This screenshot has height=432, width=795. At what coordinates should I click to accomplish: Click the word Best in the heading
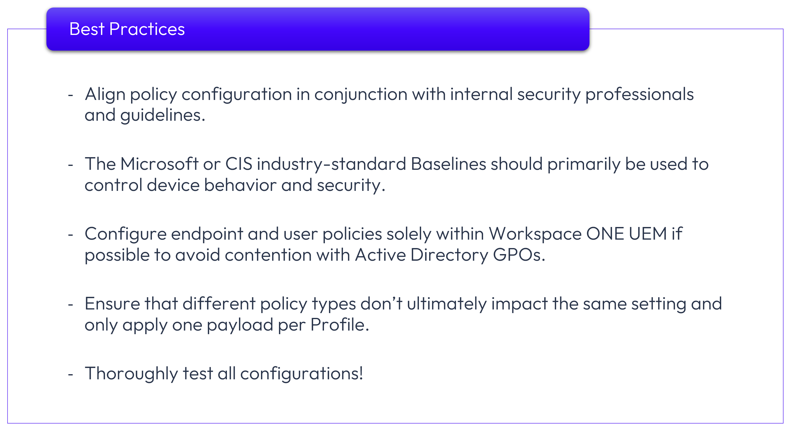[x=87, y=29]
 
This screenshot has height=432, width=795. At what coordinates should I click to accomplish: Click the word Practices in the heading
[x=147, y=29]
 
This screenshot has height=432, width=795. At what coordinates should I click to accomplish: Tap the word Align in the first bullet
[x=105, y=95]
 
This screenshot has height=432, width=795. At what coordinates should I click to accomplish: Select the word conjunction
[x=361, y=95]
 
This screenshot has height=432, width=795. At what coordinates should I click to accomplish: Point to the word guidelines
[x=163, y=116]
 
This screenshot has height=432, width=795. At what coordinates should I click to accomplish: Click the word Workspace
[x=535, y=234]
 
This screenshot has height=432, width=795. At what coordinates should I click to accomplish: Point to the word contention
[x=268, y=255]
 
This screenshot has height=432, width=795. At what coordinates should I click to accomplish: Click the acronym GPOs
[x=519, y=255]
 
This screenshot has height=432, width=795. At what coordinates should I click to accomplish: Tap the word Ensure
[x=112, y=303]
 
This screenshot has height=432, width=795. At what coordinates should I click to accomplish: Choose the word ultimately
[x=447, y=304]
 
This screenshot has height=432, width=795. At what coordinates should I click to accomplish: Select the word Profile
[x=340, y=325]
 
